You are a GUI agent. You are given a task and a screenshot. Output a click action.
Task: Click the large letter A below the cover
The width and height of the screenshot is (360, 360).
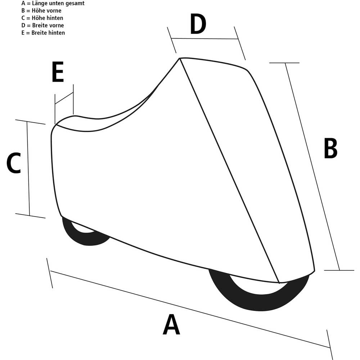point(171,325)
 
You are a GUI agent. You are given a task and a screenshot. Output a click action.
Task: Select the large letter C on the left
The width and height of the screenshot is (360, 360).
point(14,163)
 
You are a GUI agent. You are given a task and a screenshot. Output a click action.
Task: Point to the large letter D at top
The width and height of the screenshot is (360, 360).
point(198,24)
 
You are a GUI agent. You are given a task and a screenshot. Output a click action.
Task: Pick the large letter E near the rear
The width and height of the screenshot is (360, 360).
point(58,72)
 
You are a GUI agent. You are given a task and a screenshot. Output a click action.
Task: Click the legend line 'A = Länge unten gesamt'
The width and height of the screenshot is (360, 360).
point(53,4)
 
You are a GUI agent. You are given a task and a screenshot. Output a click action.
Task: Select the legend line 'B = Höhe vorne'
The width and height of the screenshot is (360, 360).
point(41,11)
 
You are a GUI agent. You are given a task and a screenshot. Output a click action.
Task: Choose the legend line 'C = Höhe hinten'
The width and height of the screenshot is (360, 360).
point(42,18)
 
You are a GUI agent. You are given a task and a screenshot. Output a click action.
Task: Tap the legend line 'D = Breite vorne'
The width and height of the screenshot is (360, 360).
point(43,26)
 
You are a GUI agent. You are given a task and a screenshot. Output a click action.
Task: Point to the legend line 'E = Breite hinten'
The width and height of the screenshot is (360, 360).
point(43,33)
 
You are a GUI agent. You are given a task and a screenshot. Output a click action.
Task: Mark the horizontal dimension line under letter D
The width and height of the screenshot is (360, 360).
point(204,39)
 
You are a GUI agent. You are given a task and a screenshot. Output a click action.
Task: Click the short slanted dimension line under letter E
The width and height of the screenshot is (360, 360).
point(64,98)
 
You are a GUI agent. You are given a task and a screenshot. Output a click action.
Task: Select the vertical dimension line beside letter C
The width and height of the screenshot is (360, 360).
point(28,168)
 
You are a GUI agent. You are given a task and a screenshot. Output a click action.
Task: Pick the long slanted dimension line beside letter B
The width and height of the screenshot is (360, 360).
point(312,166)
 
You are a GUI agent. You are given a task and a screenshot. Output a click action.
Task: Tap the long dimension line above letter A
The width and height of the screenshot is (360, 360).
point(190,309)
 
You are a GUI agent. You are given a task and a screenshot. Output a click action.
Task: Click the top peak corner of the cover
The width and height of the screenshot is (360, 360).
point(180,59)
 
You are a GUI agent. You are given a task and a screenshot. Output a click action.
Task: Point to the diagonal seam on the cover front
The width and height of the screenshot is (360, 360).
point(229,171)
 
